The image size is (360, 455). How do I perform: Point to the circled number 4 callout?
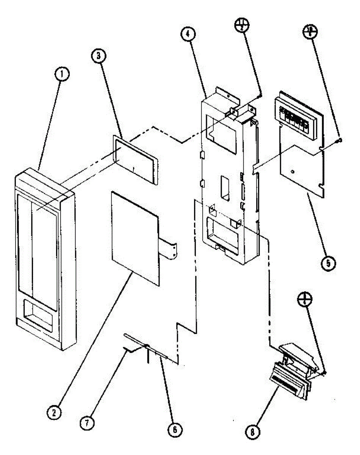click(x=188, y=35)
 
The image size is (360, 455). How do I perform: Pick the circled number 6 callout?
click(x=175, y=430)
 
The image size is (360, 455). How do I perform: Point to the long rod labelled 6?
click(x=148, y=345)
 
